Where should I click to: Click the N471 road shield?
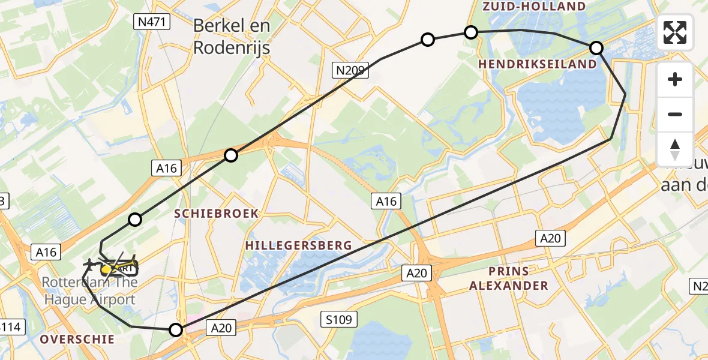coord(152,23)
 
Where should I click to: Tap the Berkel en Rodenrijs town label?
coord(232,37)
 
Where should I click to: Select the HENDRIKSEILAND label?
coord(538,64)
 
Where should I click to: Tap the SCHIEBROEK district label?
coord(217,214)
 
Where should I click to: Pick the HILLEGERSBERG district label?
coord(298,245)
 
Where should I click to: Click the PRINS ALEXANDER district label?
coord(508,278)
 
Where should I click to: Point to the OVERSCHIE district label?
coord(77,340)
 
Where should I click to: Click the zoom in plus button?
coord(675,79)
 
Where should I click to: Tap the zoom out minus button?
coord(675,114)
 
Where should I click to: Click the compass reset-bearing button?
coord(675,149)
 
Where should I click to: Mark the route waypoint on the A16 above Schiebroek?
coord(231,156)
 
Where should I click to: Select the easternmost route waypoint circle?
coord(596,48)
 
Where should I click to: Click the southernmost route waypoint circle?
coord(176,329)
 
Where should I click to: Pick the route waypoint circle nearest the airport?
coord(135,220)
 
